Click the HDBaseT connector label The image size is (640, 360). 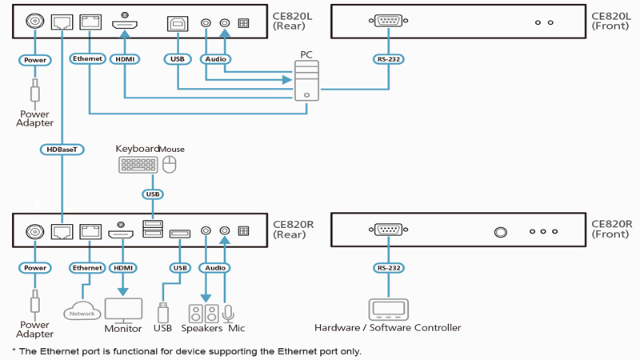(x=61, y=149)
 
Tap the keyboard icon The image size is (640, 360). (x=138, y=166)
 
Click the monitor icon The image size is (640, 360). (x=123, y=310)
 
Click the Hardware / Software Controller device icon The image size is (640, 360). (x=388, y=309)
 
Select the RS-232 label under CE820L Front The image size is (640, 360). (x=388, y=58)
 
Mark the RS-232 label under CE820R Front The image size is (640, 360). (x=388, y=267)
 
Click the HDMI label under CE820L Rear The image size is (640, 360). (x=126, y=58)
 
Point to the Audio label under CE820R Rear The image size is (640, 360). (x=214, y=267)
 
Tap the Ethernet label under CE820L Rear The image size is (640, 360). (x=87, y=58)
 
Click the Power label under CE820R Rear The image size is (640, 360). (x=34, y=267)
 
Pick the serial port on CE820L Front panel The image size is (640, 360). (x=388, y=22)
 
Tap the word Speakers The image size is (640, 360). (x=201, y=328)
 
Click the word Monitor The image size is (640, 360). (x=123, y=328)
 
